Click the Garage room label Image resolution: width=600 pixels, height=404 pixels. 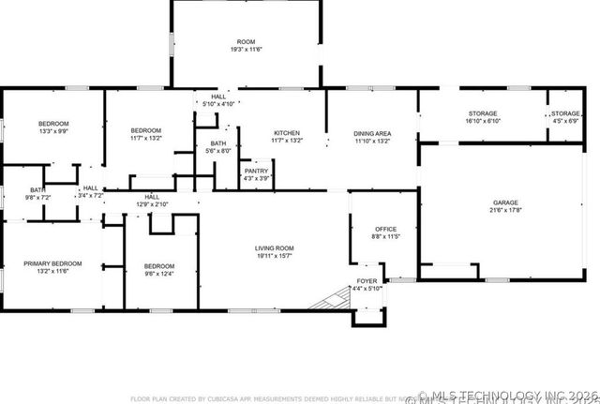[x=505, y=202]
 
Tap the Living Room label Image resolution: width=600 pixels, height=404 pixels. [x=275, y=247]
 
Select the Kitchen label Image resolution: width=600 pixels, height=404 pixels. [x=286, y=133]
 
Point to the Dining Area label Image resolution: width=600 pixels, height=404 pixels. [x=372, y=133]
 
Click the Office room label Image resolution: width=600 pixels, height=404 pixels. [x=386, y=229]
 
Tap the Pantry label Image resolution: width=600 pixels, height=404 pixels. [x=256, y=171]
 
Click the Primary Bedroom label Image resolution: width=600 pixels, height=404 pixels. [x=52, y=263]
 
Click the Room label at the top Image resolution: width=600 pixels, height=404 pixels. [x=246, y=42]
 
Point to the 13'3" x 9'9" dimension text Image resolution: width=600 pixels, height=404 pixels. [x=52, y=132]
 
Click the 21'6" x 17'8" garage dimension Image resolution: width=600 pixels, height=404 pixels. [x=505, y=211]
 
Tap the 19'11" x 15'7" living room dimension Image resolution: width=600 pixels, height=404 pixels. [x=275, y=256]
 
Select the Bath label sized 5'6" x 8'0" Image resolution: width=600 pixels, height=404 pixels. [x=217, y=143]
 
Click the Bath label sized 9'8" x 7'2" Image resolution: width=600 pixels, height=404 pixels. [x=37, y=190]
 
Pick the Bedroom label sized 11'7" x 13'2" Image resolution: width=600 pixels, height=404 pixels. [x=146, y=130]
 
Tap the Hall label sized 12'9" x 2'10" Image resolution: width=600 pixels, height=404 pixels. [x=151, y=197]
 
